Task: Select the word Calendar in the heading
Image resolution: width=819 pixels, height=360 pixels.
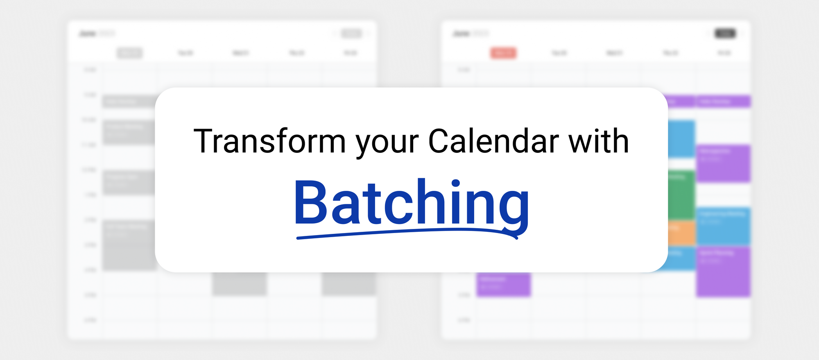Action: (x=493, y=141)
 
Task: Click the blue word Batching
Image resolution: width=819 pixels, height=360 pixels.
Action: (x=411, y=203)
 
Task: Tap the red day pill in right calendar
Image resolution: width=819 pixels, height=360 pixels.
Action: (x=503, y=53)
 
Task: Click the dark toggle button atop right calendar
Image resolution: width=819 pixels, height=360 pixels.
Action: (x=725, y=34)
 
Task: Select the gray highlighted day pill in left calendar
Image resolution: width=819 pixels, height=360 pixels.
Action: (x=129, y=53)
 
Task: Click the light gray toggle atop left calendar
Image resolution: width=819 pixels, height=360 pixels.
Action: (x=351, y=34)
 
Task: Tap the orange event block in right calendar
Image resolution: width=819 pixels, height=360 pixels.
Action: (x=681, y=232)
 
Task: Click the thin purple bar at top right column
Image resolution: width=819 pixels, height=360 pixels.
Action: (x=723, y=101)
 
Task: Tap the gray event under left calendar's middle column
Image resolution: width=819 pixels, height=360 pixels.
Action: (x=239, y=284)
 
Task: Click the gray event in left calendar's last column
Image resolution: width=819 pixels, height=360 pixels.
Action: (x=348, y=284)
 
